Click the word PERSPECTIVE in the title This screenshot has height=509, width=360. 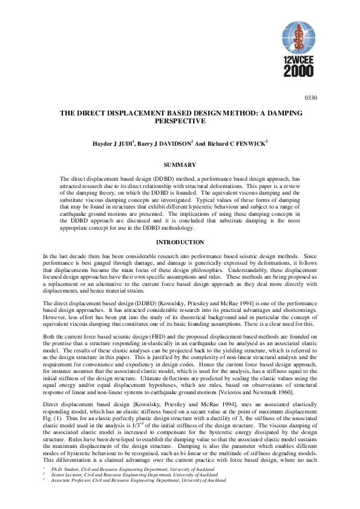(x=180, y=121)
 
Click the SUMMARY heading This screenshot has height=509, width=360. (x=180, y=164)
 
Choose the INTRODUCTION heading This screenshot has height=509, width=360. (x=180, y=242)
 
